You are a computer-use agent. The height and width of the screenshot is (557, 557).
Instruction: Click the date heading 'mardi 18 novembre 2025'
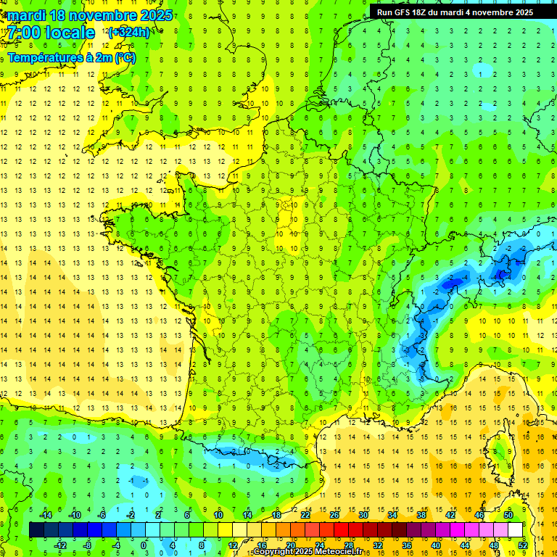click(91, 15)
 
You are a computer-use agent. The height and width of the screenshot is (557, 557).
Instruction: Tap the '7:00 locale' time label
click(51, 33)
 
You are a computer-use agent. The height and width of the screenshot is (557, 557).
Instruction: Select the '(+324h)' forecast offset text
click(129, 32)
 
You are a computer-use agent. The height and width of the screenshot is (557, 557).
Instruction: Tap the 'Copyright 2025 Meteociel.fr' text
click(308, 552)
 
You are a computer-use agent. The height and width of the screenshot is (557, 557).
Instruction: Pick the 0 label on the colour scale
click(143, 545)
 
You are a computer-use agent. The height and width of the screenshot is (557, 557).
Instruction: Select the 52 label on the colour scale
click(522, 545)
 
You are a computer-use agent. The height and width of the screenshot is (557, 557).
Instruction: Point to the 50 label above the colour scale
click(508, 515)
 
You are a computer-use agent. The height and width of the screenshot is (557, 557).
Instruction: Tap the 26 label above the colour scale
click(334, 515)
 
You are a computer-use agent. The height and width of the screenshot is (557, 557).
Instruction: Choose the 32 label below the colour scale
click(377, 545)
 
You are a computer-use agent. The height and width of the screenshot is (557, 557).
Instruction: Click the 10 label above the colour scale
click(218, 515)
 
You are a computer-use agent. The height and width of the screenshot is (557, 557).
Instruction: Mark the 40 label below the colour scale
click(435, 545)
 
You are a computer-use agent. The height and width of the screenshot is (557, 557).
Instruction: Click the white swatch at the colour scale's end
click(516, 530)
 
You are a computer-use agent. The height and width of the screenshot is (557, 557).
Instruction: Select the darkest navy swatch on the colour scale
click(37, 530)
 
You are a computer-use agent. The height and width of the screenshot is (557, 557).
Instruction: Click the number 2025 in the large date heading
click(155, 15)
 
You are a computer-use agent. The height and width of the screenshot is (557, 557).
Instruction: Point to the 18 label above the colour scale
click(276, 515)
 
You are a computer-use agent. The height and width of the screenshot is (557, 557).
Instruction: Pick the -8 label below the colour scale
click(86, 545)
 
